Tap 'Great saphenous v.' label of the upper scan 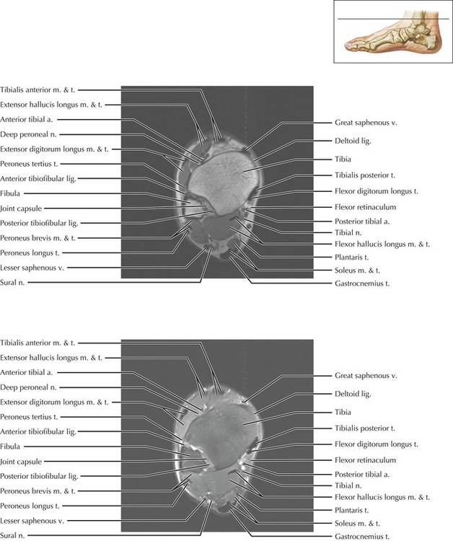click(366, 123)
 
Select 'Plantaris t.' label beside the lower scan click(351, 510)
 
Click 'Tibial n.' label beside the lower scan click(348, 486)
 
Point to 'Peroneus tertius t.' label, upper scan click(29, 164)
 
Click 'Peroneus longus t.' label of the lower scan click(29, 505)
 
